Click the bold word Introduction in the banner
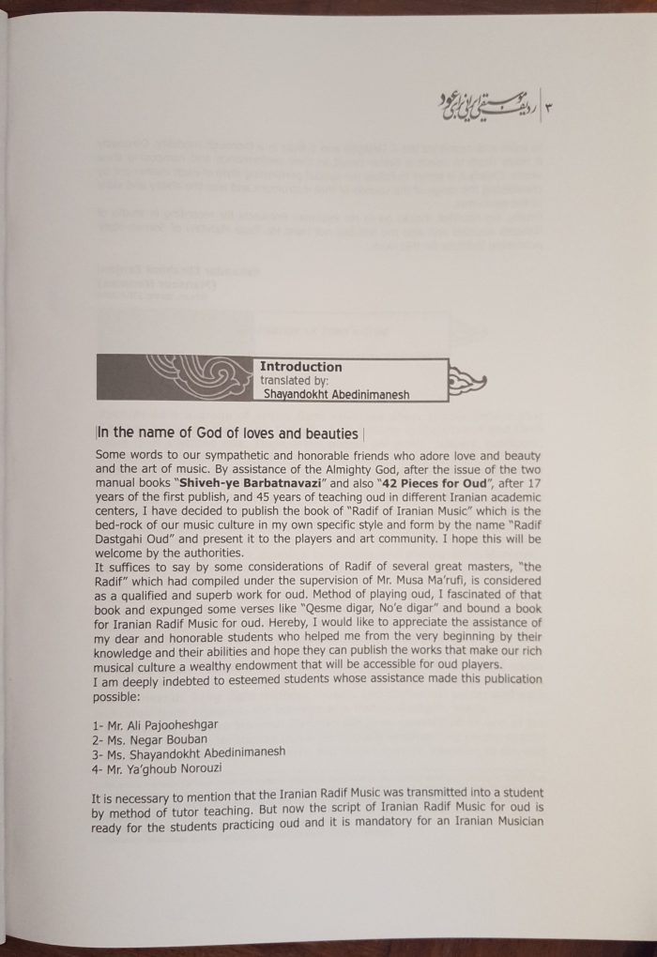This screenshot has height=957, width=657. tap(301, 367)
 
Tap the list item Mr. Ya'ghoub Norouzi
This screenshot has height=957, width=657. tap(157, 767)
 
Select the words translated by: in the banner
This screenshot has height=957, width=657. tap(295, 381)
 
